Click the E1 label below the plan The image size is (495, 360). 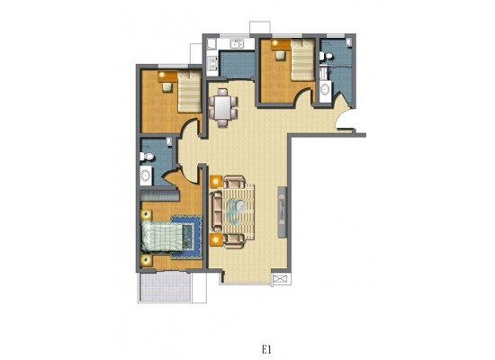click(x=266, y=349)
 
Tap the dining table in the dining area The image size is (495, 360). click(x=223, y=108)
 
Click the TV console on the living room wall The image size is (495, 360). click(x=283, y=211)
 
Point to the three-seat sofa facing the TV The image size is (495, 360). click(x=217, y=211)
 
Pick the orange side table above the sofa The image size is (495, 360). click(x=216, y=182)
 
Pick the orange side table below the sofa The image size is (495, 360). click(x=216, y=239)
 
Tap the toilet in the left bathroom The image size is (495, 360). click(x=147, y=157)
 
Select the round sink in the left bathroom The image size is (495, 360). click(x=146, y=175)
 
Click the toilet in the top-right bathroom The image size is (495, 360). click(x=326, y=57)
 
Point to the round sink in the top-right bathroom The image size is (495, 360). click(x=325, y=89)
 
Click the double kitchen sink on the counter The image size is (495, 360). click(x=237, y=44)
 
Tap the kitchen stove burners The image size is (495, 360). click(x=212, y=63)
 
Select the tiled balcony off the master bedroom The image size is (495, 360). click(x=165, y=286)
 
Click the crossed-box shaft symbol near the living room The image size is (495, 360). click(x=279, y=279)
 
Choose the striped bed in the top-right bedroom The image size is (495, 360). click(x=302, y=60)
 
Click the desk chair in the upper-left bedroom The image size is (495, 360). click(x=166, y=86)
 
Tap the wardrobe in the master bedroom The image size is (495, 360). click(x=158, y=196)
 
